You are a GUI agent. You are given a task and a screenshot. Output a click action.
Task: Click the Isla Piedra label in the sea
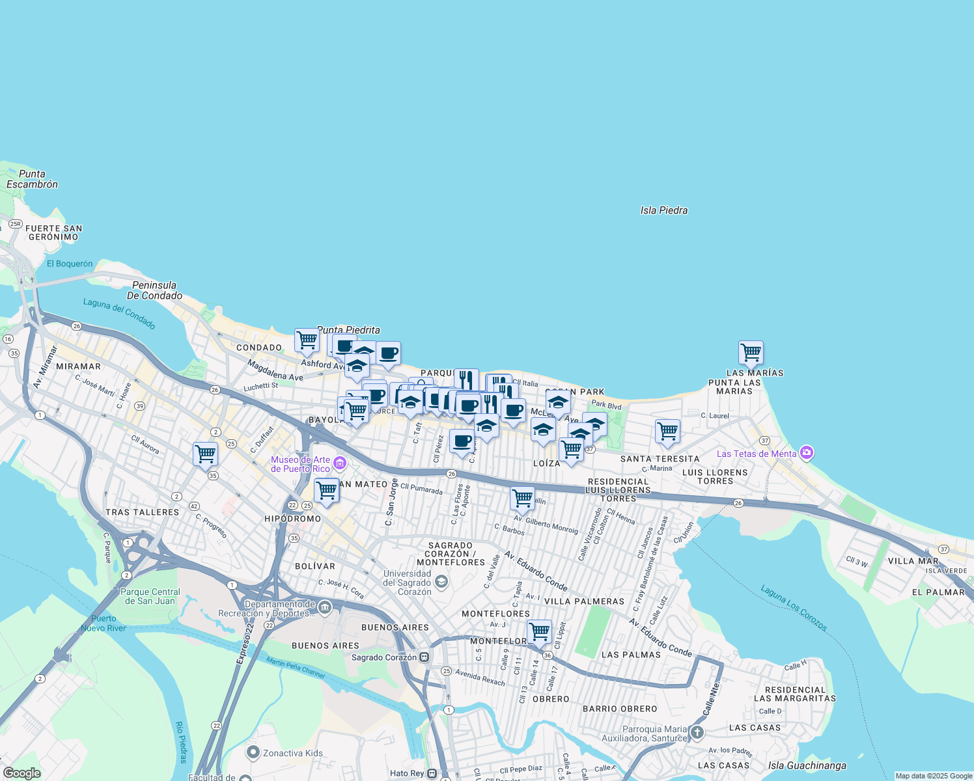(x=663, y=210)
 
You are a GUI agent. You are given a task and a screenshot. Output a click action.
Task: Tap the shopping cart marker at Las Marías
(x=751, y=352)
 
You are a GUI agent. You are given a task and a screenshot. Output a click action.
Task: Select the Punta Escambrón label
(x=32, y=179)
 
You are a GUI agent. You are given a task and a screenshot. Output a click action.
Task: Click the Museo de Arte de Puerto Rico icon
(x=339, y=463)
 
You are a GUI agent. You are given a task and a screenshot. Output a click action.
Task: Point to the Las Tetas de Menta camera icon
(x=807, y=453)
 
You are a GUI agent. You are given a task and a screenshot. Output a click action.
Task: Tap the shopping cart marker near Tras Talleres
(x=205, y=453)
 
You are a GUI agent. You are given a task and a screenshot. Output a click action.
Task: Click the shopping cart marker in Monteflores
(x=539, y=631)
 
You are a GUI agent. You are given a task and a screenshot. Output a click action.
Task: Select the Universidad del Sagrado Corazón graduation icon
(x=441, y=581)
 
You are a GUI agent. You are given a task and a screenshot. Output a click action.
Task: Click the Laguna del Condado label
(x=119, y=314)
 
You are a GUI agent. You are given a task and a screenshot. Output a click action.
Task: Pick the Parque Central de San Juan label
(x=150, y=596)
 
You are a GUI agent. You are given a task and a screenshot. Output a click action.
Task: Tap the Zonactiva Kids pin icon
(x=253, y=752)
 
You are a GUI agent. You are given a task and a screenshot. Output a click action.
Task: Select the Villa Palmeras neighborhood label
(x=584, y=601)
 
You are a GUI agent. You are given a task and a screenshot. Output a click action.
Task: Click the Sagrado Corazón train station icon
(x=424, y=657)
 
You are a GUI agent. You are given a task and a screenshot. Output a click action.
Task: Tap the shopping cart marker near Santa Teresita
(x=667, y=430)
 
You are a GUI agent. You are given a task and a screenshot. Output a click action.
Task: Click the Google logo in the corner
(x=21, y=773)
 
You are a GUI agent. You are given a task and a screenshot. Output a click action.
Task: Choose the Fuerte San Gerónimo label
(x=54, y=232)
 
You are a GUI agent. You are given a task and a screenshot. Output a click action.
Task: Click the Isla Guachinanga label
(x=807, y=765)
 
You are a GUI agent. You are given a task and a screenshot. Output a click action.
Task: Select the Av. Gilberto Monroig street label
(x=546, y=525)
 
